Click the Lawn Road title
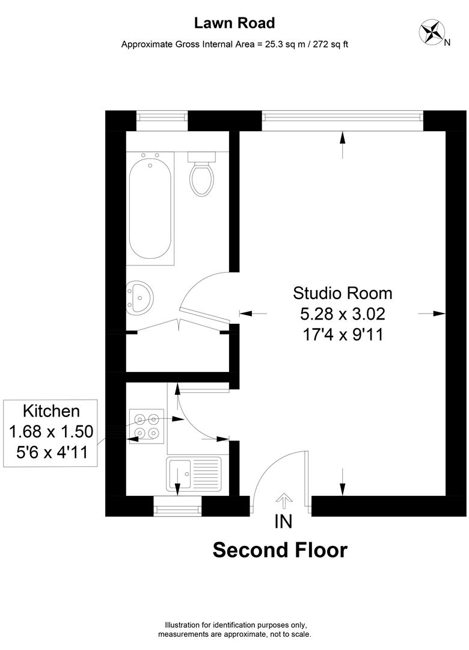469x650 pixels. [x=234, y=23]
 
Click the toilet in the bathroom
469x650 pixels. [x=200, y=175]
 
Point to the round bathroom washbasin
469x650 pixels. [x=140, y=297]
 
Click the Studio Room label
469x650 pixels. [x=342, y=293]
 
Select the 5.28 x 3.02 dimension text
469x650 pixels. [x=342, y=314]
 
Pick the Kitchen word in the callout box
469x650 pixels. [x=51, y=411]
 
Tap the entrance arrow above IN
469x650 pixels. [x=283, y=500]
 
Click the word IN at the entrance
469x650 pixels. [x=283, y=521]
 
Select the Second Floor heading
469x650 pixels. [x=280, y=550]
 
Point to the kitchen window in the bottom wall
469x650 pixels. [x=178, y=508]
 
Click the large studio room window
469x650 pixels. [x=342, y=120]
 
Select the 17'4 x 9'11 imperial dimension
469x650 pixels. [x=342, y=334]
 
